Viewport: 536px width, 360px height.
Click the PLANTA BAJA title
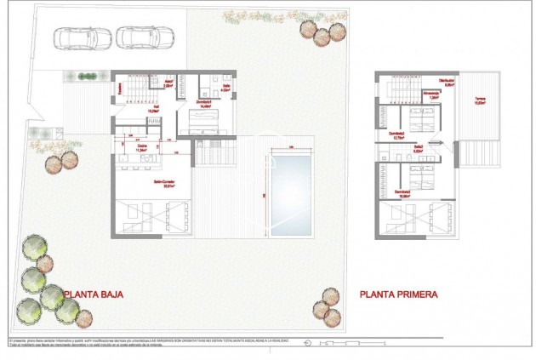[x=94, y=294]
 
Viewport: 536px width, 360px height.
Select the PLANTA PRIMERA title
[x=398, y=294]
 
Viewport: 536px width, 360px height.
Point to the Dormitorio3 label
[x=396, y=134]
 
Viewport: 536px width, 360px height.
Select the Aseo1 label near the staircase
[x=168, y=84]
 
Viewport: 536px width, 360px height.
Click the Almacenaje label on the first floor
[x=433, y=95]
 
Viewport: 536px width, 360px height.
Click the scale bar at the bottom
[x=332, y=344]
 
